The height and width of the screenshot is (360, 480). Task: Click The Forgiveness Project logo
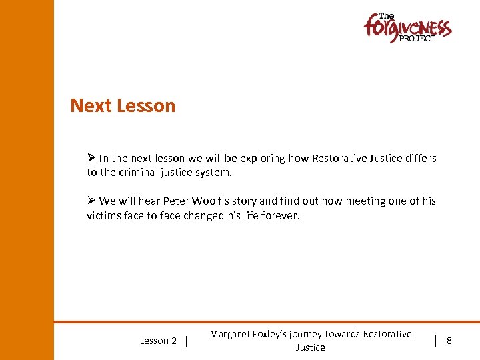(407, 28)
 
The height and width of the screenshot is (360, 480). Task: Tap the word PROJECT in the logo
(417, 39)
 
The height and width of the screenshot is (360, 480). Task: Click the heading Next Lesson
(123, 106)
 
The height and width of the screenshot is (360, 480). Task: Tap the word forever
(279, 215)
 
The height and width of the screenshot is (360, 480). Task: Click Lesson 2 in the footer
(158, 341)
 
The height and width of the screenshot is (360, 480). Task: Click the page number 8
(449, 341)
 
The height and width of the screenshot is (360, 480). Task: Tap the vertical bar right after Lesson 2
(187, 341)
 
